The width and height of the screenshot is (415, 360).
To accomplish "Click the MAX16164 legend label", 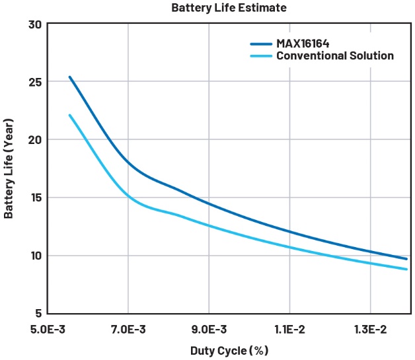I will (x=305, y=44).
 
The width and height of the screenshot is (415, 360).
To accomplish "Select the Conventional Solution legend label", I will (x=334, y=56).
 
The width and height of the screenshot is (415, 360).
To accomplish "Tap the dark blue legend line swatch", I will (x=261, y=44).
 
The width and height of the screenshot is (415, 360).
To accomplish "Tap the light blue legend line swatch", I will (x=261, y=56).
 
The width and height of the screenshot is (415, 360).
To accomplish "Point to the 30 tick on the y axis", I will (x=34, y=24).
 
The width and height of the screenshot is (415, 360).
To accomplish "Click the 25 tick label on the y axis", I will (x=34, y=83).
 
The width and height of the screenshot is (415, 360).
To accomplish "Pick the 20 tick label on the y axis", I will (x=34, y=140).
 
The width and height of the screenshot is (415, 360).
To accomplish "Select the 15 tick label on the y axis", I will (x=34, y=198).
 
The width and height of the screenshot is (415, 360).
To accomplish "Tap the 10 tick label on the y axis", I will (x=34, y=256).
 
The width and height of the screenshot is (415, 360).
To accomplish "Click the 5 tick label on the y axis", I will (x=38, y=313).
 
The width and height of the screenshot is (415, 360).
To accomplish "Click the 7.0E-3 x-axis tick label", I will (x=128, y=328).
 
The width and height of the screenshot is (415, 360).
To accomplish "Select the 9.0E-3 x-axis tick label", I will (x=209, y=328).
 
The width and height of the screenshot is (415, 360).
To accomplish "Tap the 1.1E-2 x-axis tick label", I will (x=289, y=328).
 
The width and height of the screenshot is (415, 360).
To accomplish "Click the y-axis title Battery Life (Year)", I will (x=9, y=169).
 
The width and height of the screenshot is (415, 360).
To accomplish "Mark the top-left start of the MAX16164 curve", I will (x=69, y=77).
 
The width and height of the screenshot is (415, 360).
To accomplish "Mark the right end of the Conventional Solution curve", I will (x=406, y=269).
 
